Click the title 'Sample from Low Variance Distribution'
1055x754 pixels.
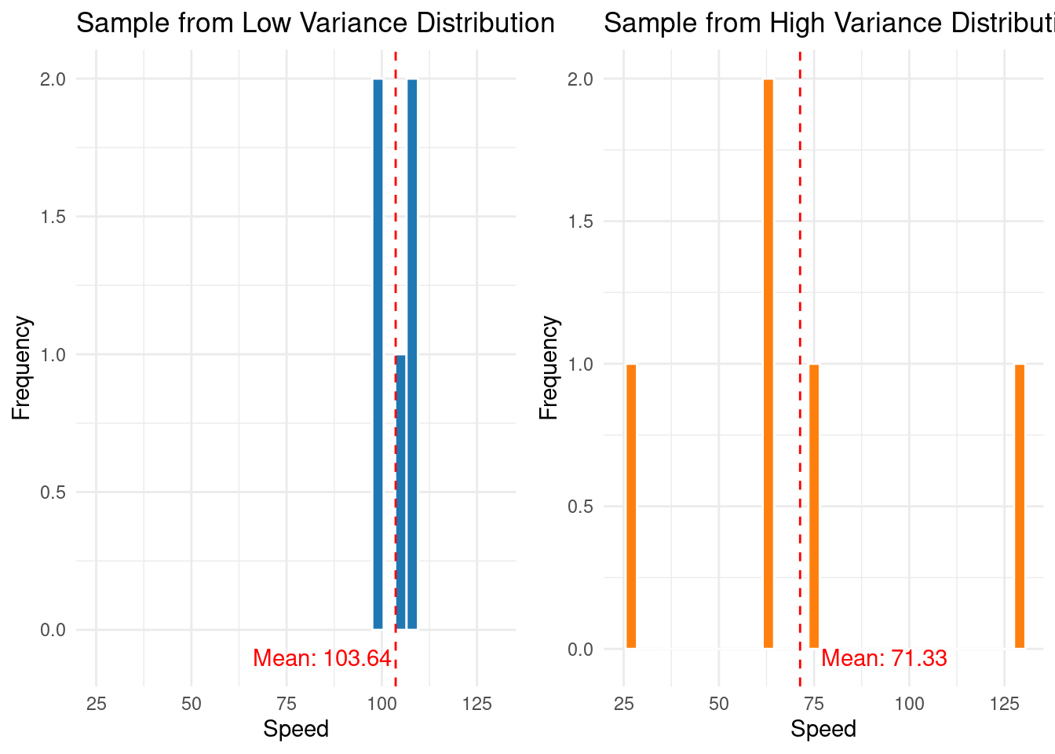(x=316, y=23)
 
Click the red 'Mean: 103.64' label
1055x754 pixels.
(x=322, y=658)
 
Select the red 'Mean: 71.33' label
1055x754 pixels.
(x=884, y=658)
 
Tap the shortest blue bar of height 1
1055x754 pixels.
(x=401, y=492)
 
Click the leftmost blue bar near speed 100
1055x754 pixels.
(x=378, y=353)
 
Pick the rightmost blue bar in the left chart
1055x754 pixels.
(x=412, y=353)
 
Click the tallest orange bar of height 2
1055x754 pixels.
(x=768, y=364)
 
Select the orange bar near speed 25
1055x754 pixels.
(x=631, y=507)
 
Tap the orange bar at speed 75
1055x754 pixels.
(x=814, y=507)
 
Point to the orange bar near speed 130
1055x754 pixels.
(x=1020, y=507)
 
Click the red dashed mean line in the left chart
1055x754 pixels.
(x=396, y=236)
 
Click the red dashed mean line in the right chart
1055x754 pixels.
(x=800, y=236)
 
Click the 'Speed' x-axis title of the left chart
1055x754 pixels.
(x=296, y=729)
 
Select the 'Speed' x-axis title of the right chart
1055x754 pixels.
(x=823, y=729)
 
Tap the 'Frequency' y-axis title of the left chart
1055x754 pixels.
(x=21, y=368)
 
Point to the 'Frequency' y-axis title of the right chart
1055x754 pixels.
(x=549, y=368)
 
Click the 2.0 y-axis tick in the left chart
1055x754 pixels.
(x=53, y=79)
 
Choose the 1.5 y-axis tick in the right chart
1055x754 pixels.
(x=580, y=221)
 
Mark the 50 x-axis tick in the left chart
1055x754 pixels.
(x=192, y=704)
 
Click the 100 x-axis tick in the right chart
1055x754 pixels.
(x=909, y=704)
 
